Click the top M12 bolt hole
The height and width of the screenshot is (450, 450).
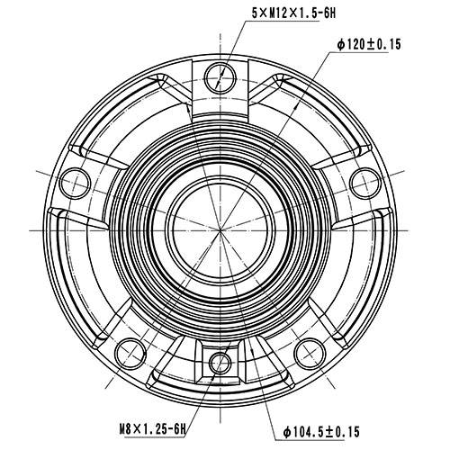[x=217, y=76]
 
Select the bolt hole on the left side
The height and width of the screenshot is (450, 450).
[x=76, y=183]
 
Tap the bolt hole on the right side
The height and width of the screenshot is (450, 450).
[x=364, y=183]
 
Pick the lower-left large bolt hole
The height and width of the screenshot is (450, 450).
[x=132, y=349]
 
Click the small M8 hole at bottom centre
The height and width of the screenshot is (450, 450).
[x=219, y=364]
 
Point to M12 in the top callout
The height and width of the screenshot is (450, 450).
[x=274, y=12]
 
